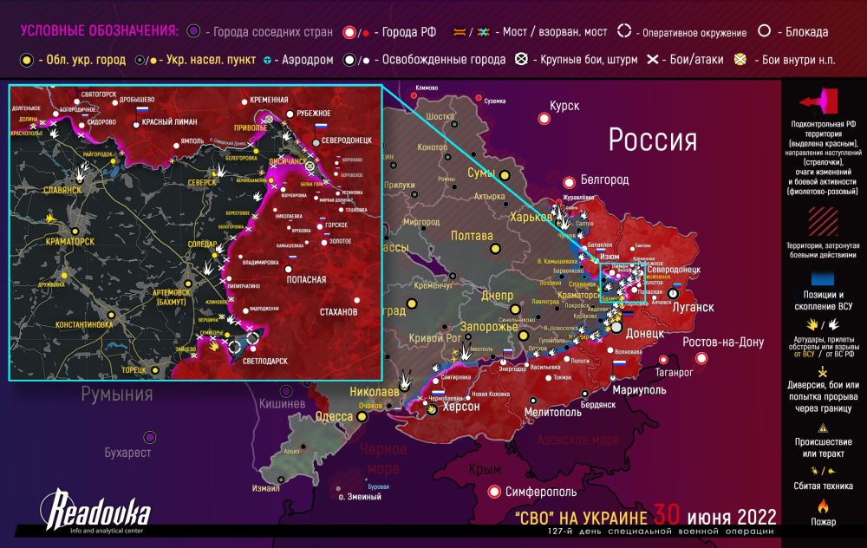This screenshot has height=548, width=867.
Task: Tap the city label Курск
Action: [x=564, y=106]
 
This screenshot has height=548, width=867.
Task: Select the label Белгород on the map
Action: [x=603, y=179]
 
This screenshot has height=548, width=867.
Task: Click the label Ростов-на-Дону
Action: [x=723, y=342]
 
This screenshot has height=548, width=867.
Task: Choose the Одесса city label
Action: [x=333, y=416]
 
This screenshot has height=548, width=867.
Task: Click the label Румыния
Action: [x=117, y=395]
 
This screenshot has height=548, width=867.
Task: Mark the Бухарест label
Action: [x=127, y=453]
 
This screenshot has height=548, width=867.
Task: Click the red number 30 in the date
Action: [x=673, y=514]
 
